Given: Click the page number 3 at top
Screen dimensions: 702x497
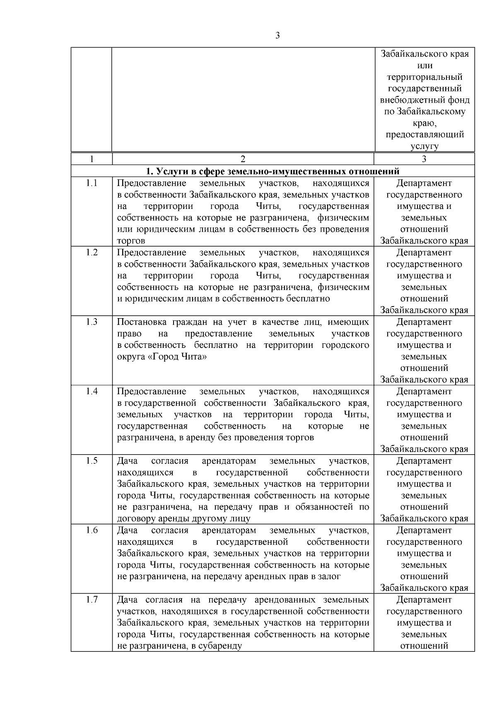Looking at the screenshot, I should (277, 36).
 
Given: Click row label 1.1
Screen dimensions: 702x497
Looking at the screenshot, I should (92, 183).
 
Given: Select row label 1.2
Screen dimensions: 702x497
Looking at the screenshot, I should (92, 252).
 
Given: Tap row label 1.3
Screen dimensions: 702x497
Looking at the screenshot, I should (92, 322).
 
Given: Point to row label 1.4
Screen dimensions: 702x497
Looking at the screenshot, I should (92, 391).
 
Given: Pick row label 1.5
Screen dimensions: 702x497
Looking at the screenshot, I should (92, 461).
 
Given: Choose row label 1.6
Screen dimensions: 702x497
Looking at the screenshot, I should (92, 530).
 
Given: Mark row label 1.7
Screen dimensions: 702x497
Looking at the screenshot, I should (92, 600).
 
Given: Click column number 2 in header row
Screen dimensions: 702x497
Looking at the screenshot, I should (243, 159).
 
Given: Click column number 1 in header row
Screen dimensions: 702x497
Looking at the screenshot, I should (92, 159).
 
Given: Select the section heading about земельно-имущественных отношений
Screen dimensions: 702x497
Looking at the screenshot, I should (273, 171).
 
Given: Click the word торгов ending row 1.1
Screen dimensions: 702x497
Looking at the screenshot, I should (131, 241).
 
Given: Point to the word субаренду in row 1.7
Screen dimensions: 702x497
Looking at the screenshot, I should (222, 646).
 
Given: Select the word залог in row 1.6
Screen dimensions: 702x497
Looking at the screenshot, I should (330, 577).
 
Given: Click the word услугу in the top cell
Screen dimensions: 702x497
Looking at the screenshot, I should (424, 146).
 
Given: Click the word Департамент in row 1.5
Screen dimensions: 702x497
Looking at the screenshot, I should (424, 461).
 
